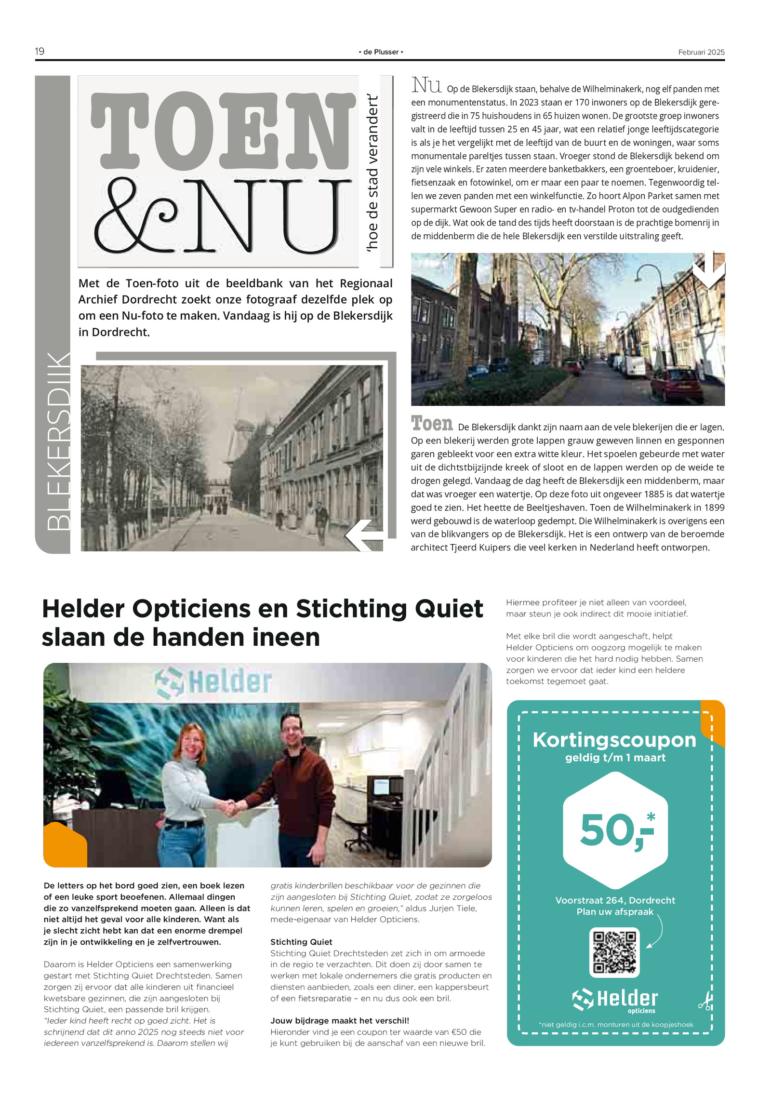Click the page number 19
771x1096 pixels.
[40, 51]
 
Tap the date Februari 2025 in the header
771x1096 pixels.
[701, 52]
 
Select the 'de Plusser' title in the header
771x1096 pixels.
[381, 52]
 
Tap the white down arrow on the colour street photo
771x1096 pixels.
[708, 270]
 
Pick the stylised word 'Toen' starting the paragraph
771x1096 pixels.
[432, 424]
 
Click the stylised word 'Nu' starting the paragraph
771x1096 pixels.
[426, 85]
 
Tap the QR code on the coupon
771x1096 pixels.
[614, 952]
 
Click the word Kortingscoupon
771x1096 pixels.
[614, 740]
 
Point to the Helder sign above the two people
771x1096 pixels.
[213, 682]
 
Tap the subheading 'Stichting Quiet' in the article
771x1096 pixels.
[301, 942]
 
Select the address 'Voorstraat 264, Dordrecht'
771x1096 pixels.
[615, 900]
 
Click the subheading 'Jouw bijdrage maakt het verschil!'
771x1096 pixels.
[339, 1020]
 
